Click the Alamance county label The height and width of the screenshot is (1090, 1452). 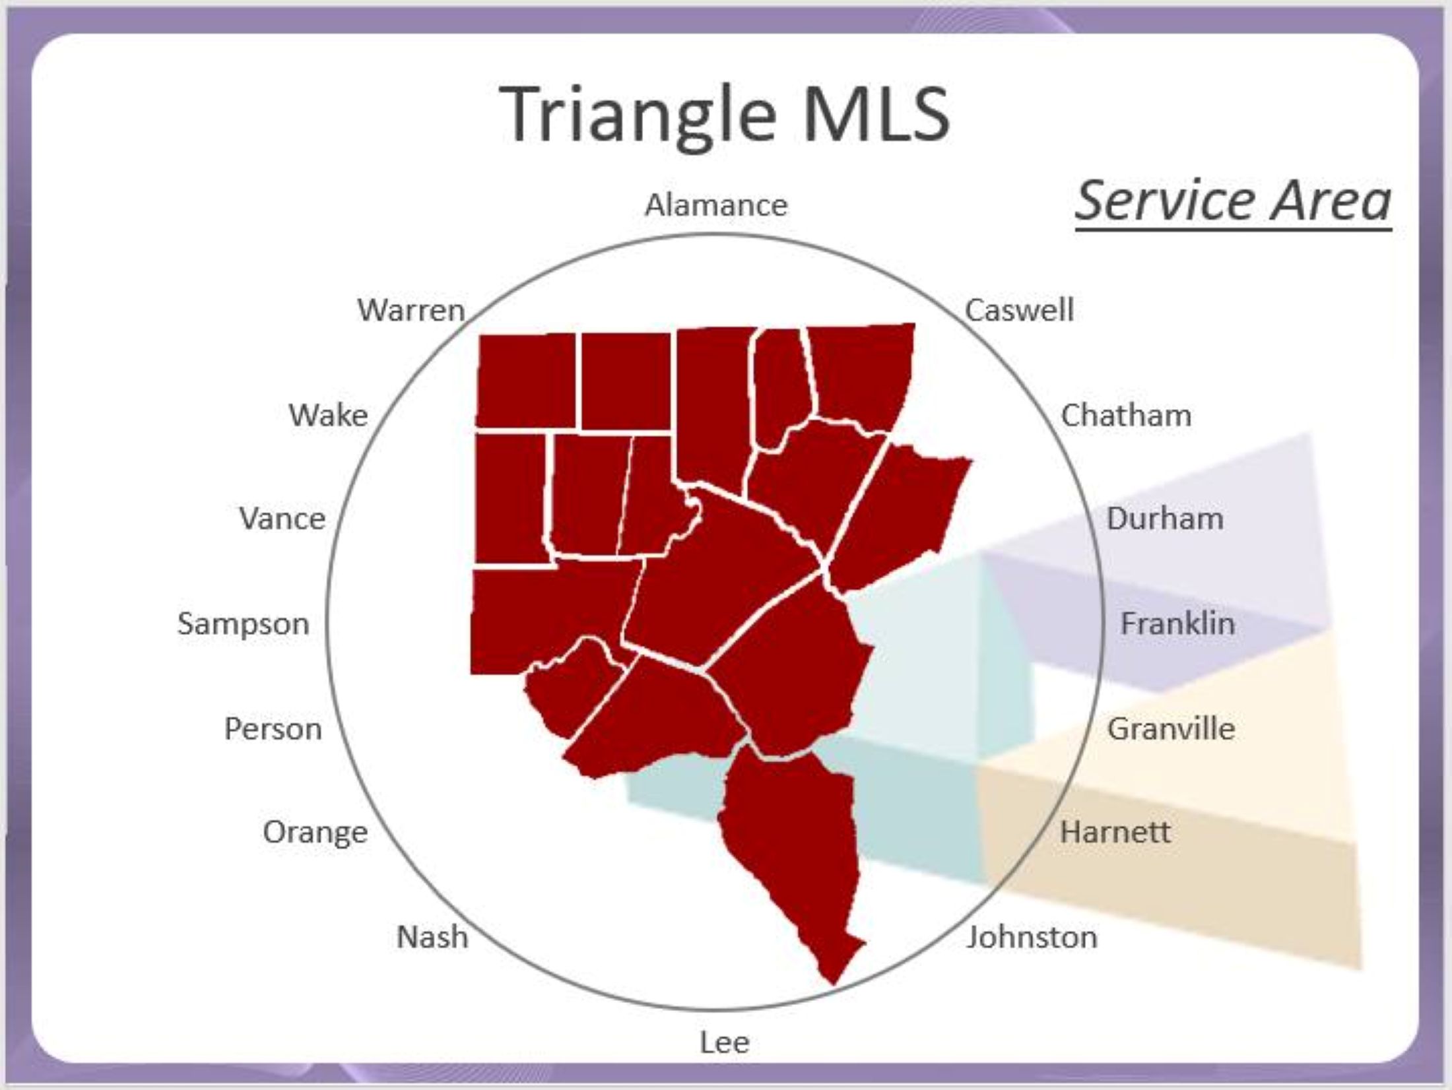[716, 205]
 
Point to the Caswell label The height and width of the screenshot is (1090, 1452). [1019, 310]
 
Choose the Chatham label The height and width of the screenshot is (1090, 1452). [1126, 416]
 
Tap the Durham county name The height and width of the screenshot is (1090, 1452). [1165, 519]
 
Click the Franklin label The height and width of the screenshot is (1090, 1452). [1177, 624]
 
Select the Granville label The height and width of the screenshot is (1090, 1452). [1171, 729]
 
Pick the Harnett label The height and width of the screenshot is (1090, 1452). [1115, 832]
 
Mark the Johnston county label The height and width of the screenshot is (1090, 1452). [1032, 937]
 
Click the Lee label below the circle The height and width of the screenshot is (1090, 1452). [724, 1042]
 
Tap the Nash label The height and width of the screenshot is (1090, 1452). [432, 937]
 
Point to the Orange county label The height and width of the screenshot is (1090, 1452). [315, 833]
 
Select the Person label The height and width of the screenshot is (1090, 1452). [273, 729]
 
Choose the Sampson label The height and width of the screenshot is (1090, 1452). [244, 624]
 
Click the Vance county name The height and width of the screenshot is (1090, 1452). [282, 519]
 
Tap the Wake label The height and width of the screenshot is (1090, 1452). [328, 416]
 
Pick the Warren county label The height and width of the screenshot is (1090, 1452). [411, 310]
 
